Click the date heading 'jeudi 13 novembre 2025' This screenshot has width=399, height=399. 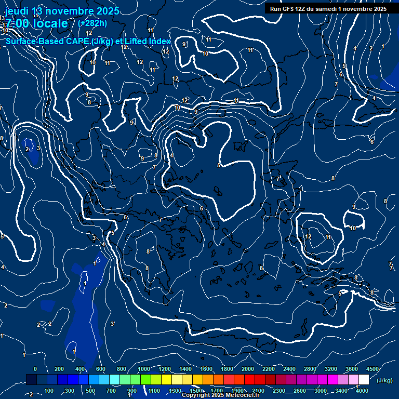point(62,11)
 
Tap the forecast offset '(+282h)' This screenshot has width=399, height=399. point(92,23)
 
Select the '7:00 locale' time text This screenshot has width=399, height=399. point(36,24)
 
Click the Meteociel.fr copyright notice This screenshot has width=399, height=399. point(220,395)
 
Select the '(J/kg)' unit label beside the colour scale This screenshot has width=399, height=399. point(384,380)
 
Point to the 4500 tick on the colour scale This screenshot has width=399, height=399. point(373,369)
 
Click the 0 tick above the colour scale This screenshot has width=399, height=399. point(35,369)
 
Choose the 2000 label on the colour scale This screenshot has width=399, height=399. point(248,369)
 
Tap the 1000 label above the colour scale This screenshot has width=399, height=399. point(144,369)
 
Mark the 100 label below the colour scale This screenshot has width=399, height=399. point(49,391)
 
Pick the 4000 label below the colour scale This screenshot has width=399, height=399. point(363,391)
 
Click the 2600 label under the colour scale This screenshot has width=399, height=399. point(300,391)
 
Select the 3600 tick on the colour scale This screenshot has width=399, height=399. point(352,369)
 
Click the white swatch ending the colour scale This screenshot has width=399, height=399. point(364,380)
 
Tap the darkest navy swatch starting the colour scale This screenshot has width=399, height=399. point(31,380)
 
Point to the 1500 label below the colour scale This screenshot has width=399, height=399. point(196,391)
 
